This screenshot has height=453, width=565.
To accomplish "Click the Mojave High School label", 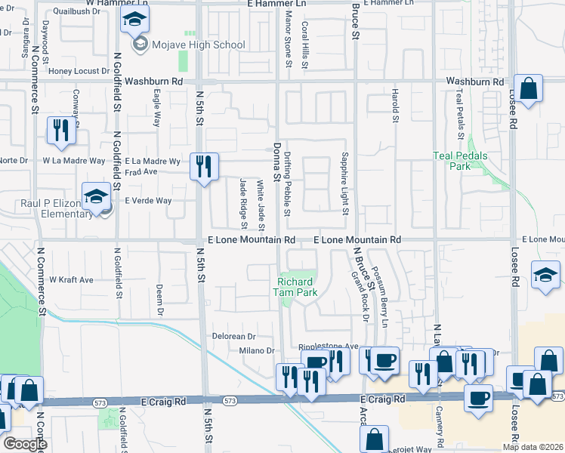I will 198,45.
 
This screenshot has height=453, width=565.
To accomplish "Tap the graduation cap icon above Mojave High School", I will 134,20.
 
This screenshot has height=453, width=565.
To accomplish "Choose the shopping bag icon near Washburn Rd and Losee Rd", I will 529,88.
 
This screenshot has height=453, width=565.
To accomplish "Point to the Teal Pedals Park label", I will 460,161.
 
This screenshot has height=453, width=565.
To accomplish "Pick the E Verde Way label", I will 148,201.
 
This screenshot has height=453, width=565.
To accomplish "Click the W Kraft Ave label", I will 71,279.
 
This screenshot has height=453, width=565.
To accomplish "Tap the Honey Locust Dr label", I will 79,71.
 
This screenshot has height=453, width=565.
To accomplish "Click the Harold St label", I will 394,105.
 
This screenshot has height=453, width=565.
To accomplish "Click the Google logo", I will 25,444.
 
